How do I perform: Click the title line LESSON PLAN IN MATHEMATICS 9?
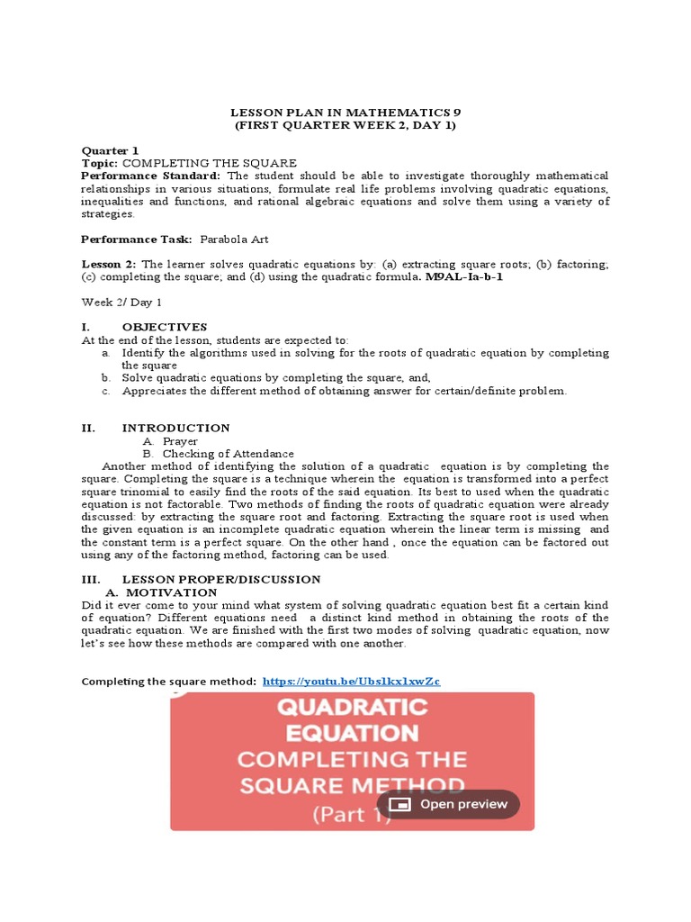point(345,112)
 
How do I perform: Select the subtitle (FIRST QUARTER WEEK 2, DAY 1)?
point(345,125)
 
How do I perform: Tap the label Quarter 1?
point(111,150)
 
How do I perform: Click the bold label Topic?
point(100,162)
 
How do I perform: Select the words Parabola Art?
point(234,240)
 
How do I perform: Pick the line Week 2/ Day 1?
point(121,303)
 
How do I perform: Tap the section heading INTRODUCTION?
point(176,428)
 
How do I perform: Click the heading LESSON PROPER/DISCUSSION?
point(221,579)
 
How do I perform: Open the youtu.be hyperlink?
point(351,682)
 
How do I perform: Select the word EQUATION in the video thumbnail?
point(353,732)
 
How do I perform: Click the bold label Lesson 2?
point(110,264)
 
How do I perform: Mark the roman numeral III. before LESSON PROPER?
point(91,579)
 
